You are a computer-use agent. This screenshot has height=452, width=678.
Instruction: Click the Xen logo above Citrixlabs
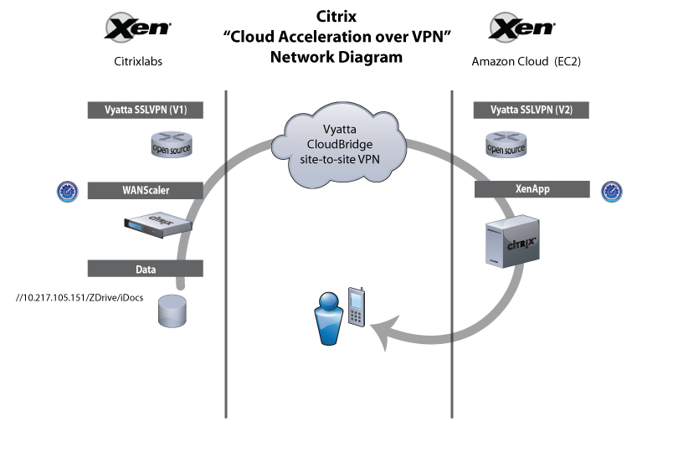point(138,28)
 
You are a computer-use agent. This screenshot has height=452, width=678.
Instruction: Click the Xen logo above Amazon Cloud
point(522,28)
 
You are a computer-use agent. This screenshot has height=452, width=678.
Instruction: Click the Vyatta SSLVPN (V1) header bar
point(146,110)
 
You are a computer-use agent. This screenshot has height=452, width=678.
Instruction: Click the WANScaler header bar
point(146,190)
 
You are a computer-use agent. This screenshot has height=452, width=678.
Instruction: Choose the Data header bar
point(146,269)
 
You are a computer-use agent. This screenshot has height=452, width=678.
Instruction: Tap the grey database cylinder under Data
point(171,313)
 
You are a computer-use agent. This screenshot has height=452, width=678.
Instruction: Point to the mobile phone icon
point(357,308)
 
